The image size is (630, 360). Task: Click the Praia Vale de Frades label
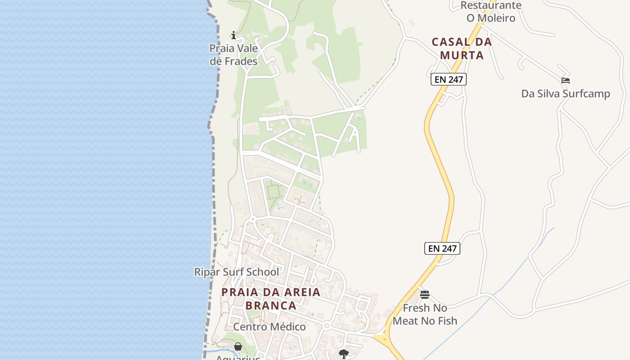point(234,55)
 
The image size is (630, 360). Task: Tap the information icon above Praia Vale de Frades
point(234,35)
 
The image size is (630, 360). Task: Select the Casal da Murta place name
point(462,49)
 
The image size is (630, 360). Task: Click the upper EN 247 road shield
point(449,80)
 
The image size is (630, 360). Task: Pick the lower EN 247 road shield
point(442,248)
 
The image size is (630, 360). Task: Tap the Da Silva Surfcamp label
point(565,94)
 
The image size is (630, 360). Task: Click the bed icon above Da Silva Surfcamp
point(566,81)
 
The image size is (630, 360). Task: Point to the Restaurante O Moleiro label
point(490,12)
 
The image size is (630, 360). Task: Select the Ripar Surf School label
point(236,272)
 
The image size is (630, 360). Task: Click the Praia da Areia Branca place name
point(271,299)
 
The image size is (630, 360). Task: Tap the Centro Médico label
point(269,327)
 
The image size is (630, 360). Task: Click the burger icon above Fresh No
point(425,295)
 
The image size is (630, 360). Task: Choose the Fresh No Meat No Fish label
point(425,315)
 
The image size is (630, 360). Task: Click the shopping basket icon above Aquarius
point(238,346)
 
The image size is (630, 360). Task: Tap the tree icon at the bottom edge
point(344,354)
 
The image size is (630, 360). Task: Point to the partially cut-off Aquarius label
point(238,358)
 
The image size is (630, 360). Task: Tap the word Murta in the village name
point(462,55)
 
